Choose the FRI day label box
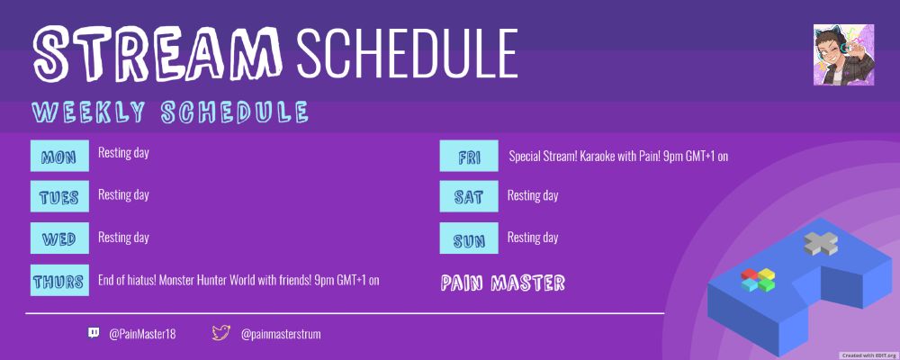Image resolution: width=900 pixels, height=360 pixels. [469, 157]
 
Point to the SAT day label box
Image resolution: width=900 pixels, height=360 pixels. [469, 196]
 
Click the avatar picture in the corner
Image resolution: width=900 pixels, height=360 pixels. [843, 56]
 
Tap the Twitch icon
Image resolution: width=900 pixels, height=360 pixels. [94, 333]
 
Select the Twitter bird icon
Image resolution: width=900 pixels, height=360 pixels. [221, 333]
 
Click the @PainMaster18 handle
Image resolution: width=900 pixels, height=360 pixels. [142, 334]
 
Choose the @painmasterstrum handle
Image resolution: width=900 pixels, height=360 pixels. [281, 334]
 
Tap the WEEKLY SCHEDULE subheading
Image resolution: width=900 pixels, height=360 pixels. [170, 112]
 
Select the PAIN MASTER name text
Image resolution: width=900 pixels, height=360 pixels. [503, 283]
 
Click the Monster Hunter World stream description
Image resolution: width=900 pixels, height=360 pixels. [238, 280]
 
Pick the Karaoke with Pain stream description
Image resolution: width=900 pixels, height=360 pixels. [617, 157]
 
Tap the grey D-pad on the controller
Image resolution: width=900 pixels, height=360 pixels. [821, 241]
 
